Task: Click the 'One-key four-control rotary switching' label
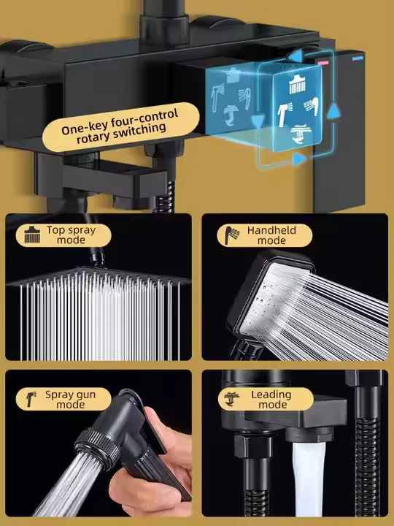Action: click(x=120, y=127)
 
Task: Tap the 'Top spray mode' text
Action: click(x=71, y=235)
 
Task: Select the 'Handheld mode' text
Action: click(x=271, y=235)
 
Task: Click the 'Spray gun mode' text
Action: click(x=70, y=399)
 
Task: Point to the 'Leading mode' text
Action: click(x=271, y=399)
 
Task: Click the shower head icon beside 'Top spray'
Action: click(x=32, y=235)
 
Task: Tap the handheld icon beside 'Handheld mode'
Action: click(x=232, y=235)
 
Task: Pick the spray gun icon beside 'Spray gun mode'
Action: click(x=31, y=399)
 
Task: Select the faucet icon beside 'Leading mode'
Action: click(x=232, y=399)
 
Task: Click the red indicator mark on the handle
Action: click(x=323, y=62)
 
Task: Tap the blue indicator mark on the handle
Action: click(x=358, y=58)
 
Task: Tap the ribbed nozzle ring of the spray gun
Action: click(x=97, y=448)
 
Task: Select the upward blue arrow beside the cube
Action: click(x=333, y=112)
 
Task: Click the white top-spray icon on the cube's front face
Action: click(x=297, y=85)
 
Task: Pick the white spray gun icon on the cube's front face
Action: click(x=284, y=114)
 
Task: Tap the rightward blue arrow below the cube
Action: click(x=299, y=160)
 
